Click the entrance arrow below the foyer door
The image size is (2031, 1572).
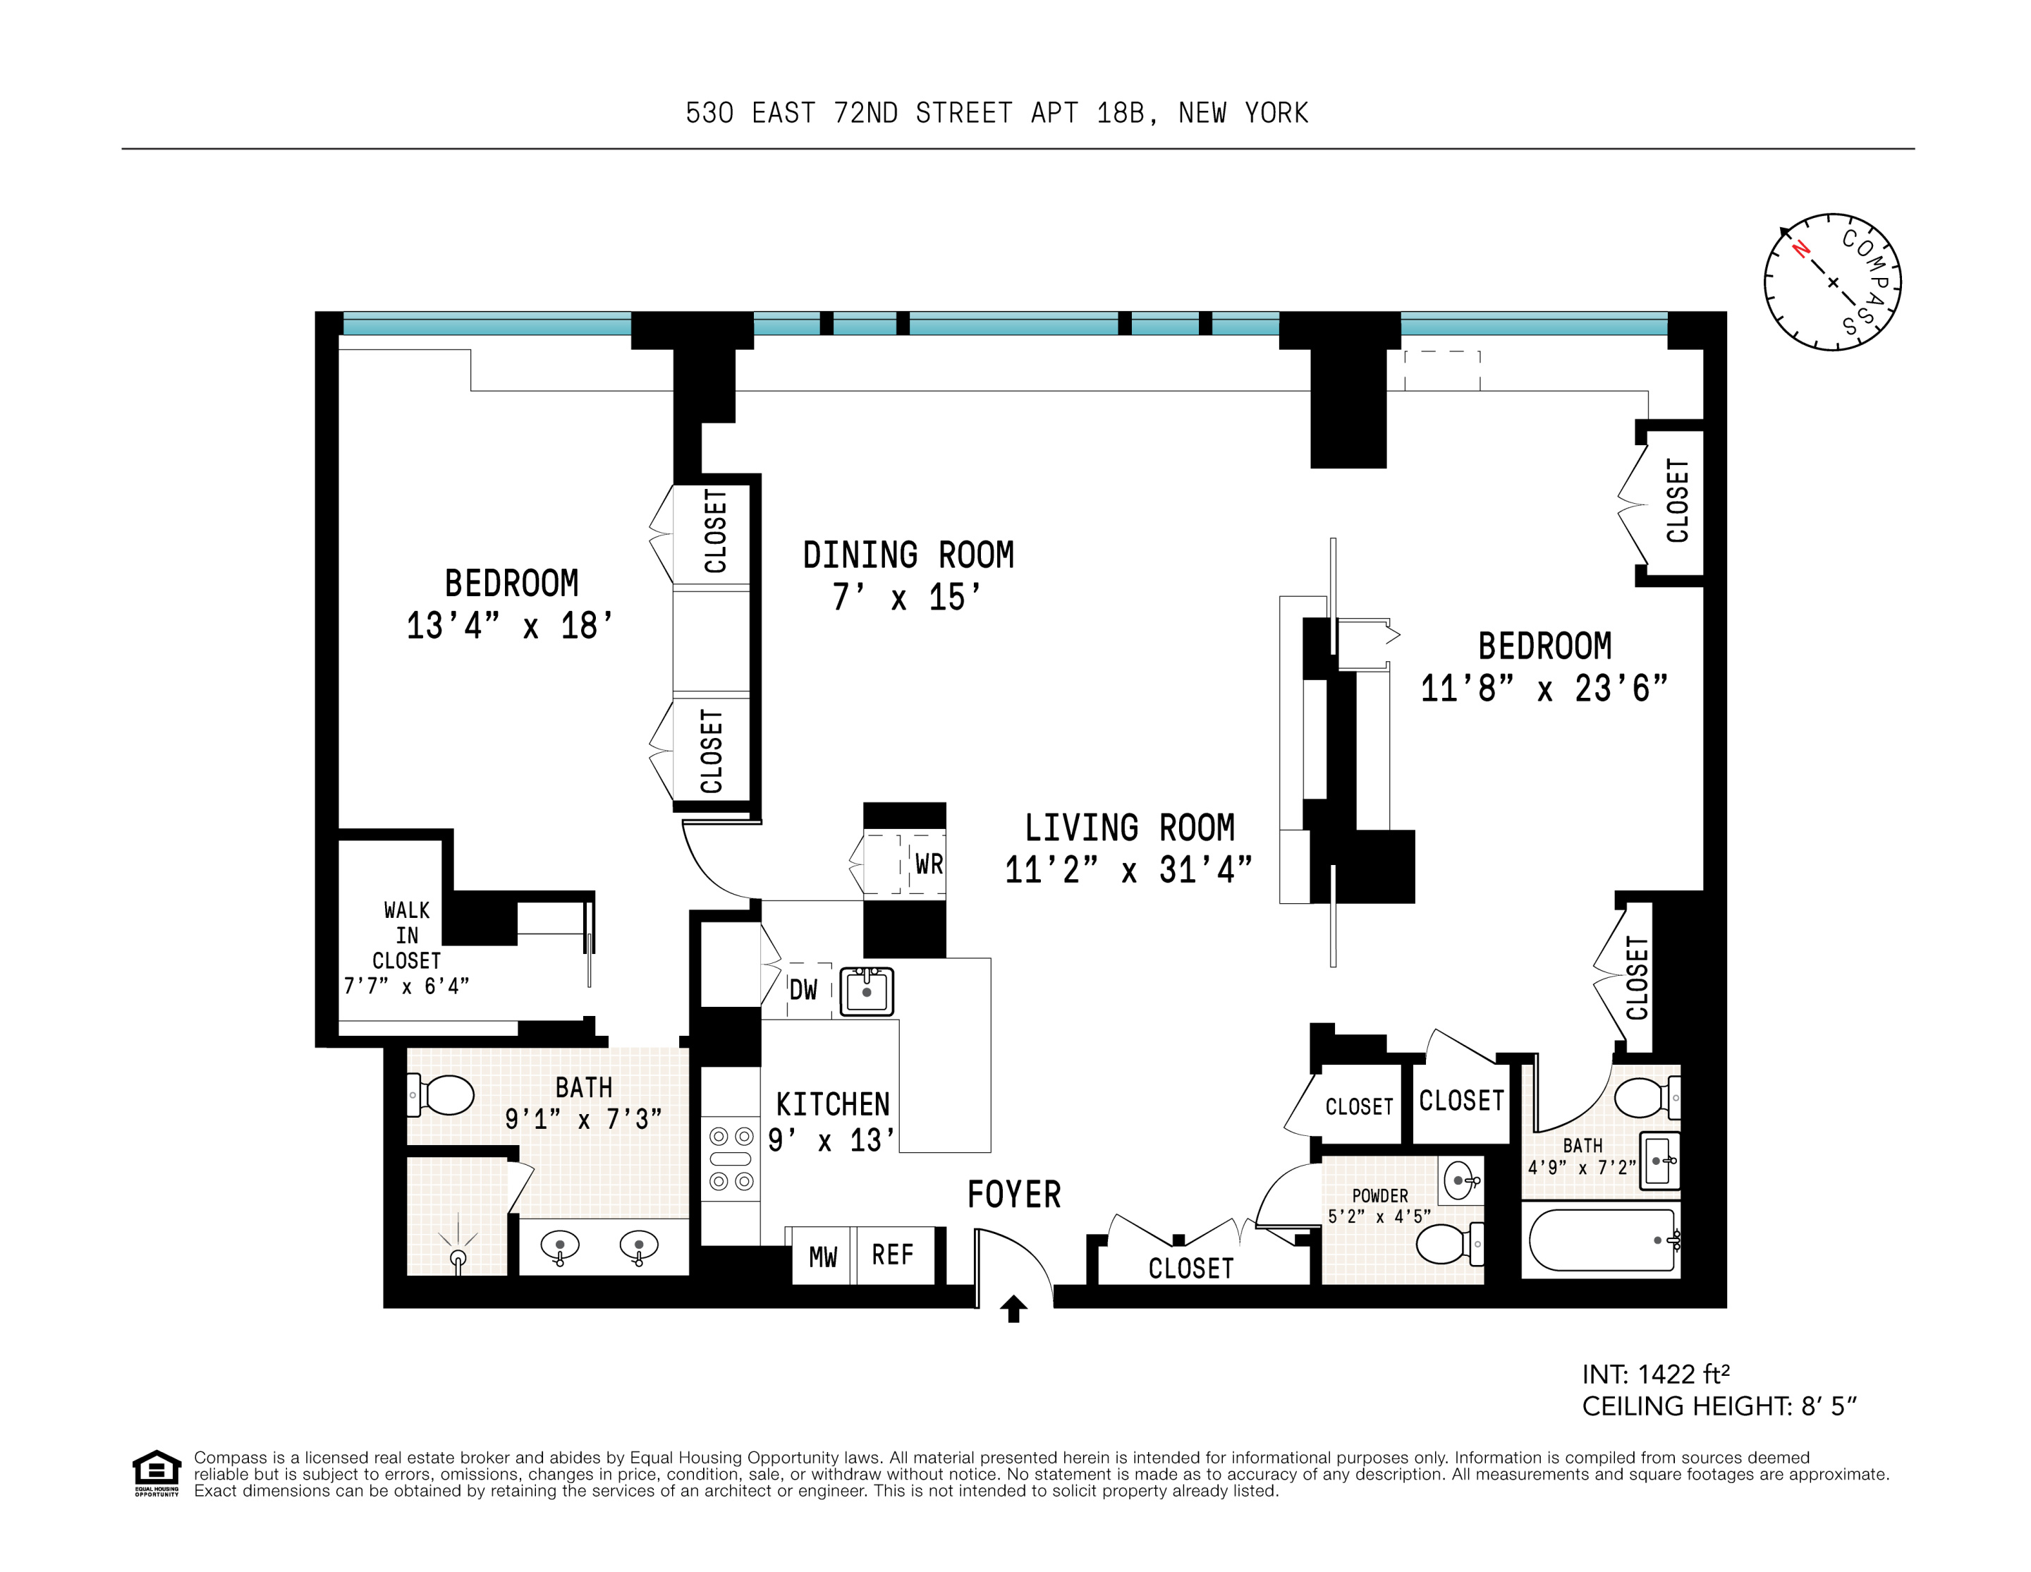pyautogui.click(x=1013, y=1309)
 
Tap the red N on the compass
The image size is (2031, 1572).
pyautogui.click(x=1800, y=249)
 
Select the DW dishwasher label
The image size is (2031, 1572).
pyautogui.click(x=803, y=990)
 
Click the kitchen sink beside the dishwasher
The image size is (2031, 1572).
pyautogui.click(x=867, y=991)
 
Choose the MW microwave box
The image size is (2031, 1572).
pyautogui.click(x=823, y=1257)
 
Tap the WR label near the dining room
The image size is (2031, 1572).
pyautogui.click(x=929, y=864)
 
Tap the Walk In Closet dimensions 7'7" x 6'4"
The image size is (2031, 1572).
pyautogui.click(x=406, y=986)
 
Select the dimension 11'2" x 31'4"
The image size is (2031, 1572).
pyautogui.click(x=1128, y=871)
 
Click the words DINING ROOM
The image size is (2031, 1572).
pyautogui.click(x=908, y=555)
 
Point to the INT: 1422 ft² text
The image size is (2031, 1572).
pyautogui.click(x=1655, y=1374)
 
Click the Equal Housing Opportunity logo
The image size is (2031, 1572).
pyautogui.click(x=157, y=1473)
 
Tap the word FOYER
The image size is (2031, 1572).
pyautogui.click(x=1013, y=1195)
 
